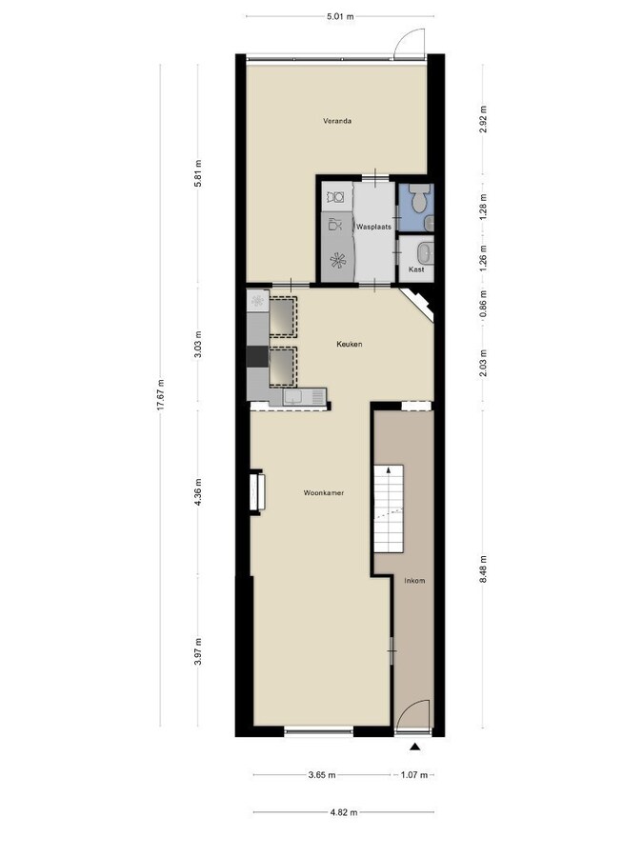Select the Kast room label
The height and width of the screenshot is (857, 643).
click(415, 269)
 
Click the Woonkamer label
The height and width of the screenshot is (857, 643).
click(323, 493)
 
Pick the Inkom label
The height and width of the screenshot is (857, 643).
click(414, 580)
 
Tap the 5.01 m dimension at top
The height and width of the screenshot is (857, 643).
click(340, 16)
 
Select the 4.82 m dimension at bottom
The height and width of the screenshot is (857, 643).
click(343, 812)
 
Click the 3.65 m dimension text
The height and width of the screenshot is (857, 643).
click(323, 775)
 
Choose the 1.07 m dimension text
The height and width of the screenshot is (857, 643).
click(414, 775)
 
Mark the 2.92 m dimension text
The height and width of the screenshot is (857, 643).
click(484, 118)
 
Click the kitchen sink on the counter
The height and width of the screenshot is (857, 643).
click(296, 396)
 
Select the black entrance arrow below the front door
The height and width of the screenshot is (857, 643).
click(415, 747)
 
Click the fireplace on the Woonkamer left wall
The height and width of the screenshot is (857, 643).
click(256, 492)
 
